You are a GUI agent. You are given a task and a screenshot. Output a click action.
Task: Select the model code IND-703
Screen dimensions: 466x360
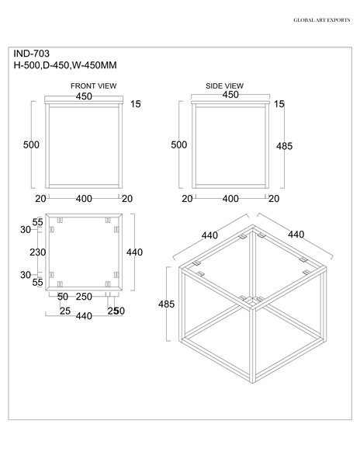click(32, 54)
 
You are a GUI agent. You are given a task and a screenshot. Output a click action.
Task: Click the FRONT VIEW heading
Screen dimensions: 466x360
click(93, 86)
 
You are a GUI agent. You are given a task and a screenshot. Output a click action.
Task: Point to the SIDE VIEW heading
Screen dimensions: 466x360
click(225, 86)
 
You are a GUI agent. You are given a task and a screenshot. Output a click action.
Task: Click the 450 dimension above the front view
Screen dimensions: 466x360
click(84, 96)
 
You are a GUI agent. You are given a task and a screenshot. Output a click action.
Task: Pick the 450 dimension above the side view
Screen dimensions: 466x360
click(230, 95)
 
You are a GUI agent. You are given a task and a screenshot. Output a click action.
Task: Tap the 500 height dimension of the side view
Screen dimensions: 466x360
click(178, 144)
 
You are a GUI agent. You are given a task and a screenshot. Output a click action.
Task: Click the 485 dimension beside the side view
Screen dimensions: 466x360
click(286, 144)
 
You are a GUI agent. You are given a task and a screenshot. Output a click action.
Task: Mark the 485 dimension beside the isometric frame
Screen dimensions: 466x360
click(166, 304)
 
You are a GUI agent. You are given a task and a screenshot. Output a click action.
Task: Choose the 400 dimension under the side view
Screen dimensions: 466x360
click(230, 198)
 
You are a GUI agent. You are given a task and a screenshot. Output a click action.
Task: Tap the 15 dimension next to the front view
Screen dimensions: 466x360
click(135, 104)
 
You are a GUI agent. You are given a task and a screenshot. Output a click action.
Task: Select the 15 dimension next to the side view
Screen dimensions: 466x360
click(279, 104)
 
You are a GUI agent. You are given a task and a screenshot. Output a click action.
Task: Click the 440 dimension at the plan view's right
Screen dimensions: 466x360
click(135, 252)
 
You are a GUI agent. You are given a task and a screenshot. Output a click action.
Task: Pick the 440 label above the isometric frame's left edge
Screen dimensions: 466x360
click(209, 235)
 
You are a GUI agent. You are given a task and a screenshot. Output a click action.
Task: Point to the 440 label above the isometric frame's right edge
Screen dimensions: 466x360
click(296, 234)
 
